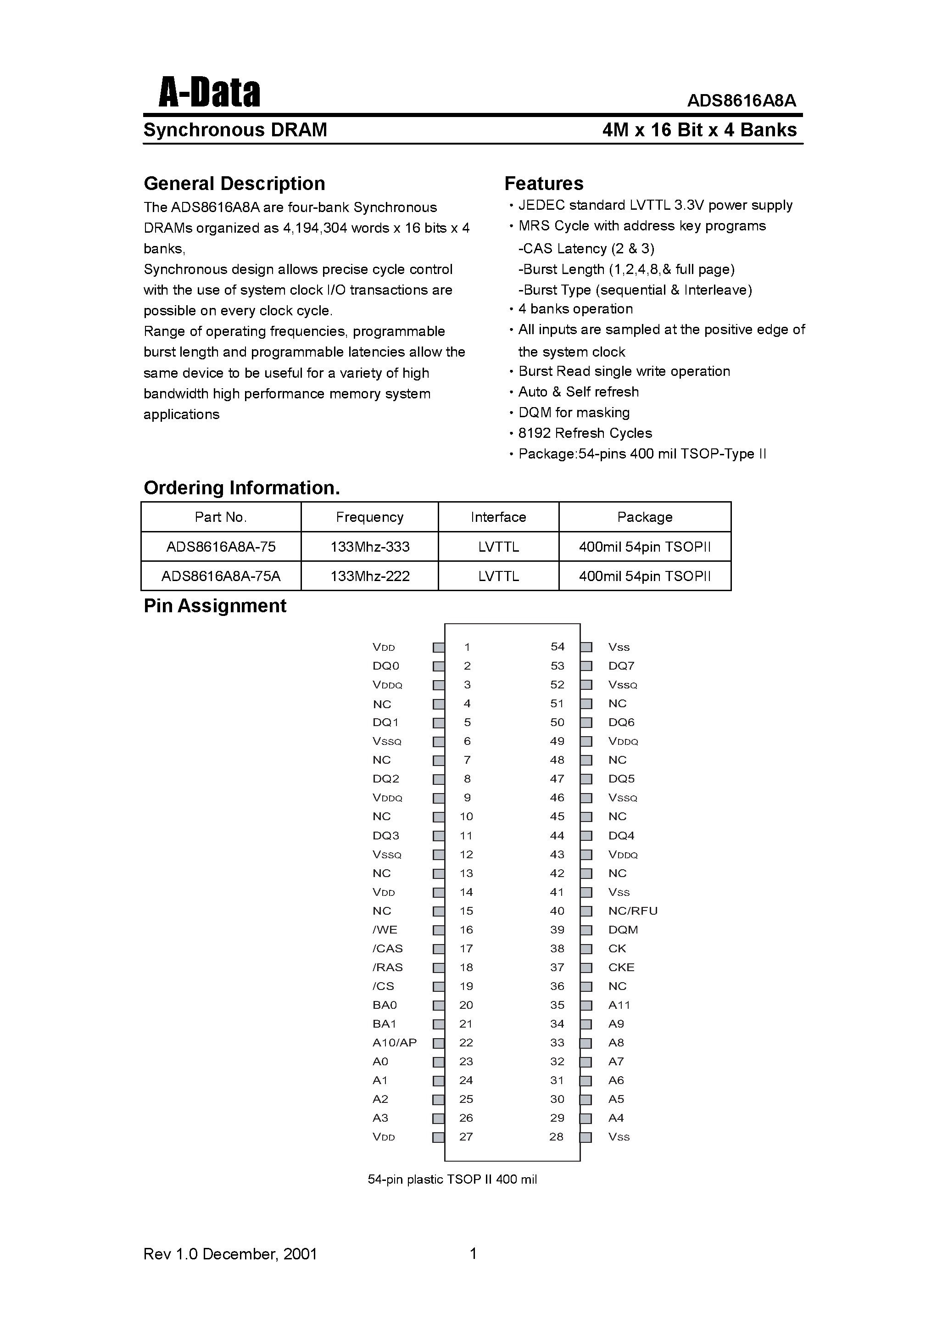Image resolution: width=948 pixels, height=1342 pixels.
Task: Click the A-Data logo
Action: point(209,94)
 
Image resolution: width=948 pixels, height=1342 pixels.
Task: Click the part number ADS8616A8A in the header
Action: point(741,101)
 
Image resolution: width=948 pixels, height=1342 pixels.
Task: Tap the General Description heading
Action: point(234,184)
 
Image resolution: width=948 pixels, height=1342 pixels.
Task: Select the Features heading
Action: point(544,184)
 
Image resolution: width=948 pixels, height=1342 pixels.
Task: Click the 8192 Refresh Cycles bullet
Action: point(585,433)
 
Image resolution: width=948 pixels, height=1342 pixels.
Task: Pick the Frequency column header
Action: point(369,517)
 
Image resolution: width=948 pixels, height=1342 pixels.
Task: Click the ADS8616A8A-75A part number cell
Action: point(221,576)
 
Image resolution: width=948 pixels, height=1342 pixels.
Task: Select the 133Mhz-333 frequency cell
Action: point(369,547)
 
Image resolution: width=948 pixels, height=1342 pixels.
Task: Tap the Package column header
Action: point(645,517)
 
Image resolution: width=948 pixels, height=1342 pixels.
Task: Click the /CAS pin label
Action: point(387,949)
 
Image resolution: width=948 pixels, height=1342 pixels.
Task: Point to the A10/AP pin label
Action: point(395,1043)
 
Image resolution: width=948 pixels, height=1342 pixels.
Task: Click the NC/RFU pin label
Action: point(632,911)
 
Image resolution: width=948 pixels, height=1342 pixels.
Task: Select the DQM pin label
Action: point(623,930)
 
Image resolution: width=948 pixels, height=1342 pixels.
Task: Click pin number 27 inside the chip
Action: point(466,1137)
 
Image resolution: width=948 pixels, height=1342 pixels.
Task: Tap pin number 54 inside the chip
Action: point(558,647)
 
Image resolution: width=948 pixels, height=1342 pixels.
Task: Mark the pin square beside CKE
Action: point(586,968)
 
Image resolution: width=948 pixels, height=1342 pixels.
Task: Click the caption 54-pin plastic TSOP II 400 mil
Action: point(452,1180)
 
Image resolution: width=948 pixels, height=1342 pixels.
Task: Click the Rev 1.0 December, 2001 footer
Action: point(230,1254)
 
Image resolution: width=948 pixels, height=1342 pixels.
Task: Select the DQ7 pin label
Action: point(621,666)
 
